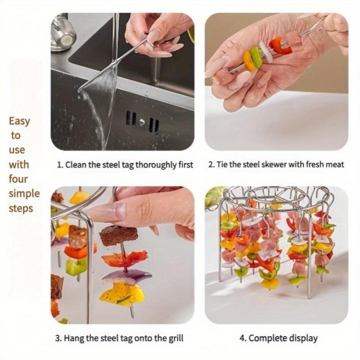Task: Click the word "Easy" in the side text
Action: tap(19, 121)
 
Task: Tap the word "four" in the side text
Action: tap(18, 179)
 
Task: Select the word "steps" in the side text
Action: tap(21, 208)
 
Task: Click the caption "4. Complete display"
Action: tap(276, 338)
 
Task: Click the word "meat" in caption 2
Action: tap(333, 165)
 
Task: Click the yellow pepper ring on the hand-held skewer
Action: tap(248, 61)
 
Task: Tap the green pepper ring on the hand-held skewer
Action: tap(256, 57)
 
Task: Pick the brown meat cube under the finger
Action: tap(118, 235)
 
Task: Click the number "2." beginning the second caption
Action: tap(211, 165)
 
